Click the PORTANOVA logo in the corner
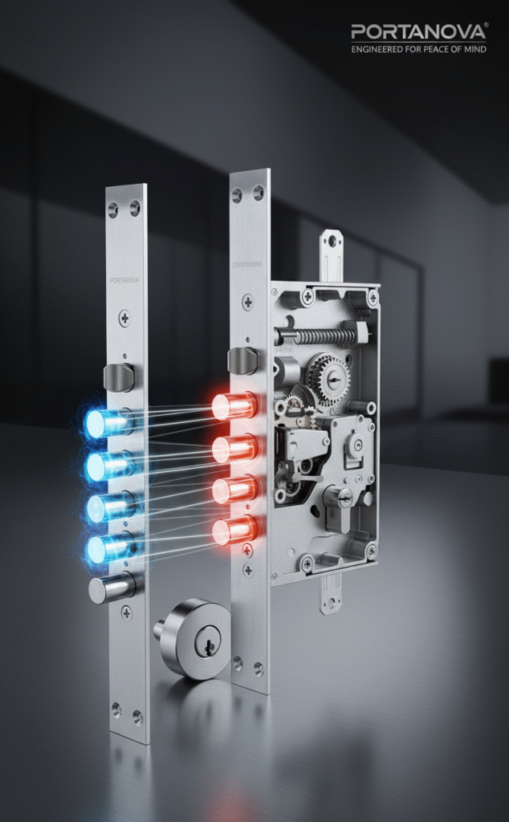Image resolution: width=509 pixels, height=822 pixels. click(419, 31)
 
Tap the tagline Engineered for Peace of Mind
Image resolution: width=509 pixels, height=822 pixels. click(419, 49)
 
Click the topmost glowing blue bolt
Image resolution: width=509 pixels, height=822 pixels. click(108, 422)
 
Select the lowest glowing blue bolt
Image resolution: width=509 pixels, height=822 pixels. click(108, 548)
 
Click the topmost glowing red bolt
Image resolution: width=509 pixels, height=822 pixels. click(234, 405)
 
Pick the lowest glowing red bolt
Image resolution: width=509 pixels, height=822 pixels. click(234, 530)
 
